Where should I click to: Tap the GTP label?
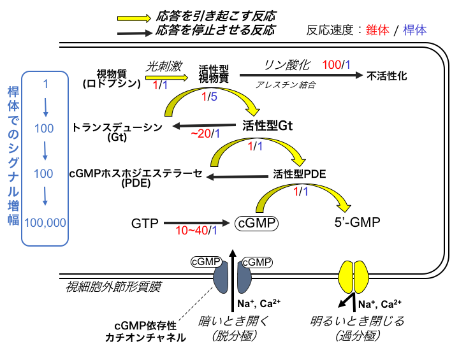(144, 224)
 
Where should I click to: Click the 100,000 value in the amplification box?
(45, 222)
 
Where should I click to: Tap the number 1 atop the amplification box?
(45, 84)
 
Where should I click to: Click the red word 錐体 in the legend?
(378, 30)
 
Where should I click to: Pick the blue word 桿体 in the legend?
(414, 30)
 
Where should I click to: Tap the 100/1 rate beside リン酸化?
(336, 64)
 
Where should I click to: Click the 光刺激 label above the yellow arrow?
(164, 64)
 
